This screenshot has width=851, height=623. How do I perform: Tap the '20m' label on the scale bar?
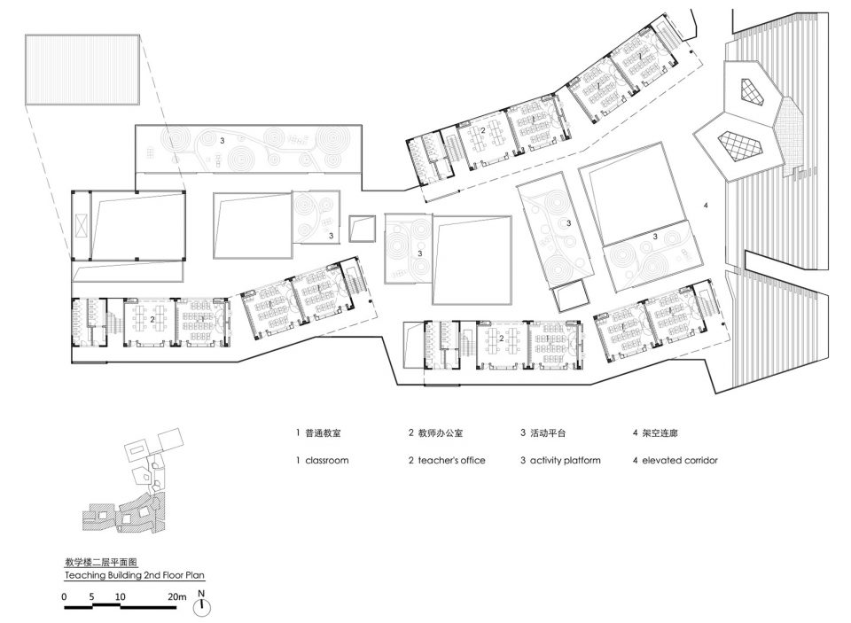pos(176,596)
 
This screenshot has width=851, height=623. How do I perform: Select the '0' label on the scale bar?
pos(64,596)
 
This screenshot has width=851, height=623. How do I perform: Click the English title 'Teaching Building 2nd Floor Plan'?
pos(135,575)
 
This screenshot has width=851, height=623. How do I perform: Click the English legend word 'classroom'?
pos(327,460)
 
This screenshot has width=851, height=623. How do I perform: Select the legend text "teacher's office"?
pos(451,460)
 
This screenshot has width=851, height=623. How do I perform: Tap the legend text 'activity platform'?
pos(565,460)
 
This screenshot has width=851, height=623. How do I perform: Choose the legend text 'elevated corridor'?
pos(680,460)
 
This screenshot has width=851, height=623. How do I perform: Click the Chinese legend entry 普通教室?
pos(323,433)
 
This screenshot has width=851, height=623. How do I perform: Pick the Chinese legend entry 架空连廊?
pos(660,433)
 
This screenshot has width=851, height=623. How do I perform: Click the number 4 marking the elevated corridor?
pos(706,205)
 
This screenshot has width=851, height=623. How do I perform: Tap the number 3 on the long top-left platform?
pos(222,140)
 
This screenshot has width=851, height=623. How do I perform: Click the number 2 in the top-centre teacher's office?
pos(482,130)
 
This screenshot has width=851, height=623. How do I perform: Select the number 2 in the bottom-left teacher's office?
pos(152,320)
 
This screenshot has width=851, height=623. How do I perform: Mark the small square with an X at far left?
pos(81,225)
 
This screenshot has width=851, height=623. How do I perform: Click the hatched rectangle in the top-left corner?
pos(82,69)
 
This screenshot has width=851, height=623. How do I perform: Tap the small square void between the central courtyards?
pos(362,229)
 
